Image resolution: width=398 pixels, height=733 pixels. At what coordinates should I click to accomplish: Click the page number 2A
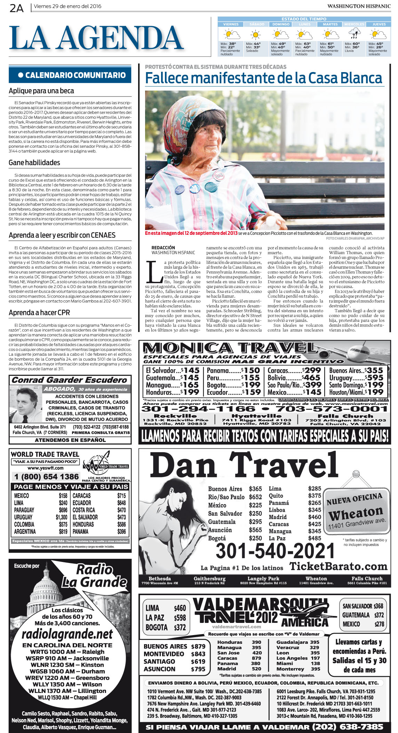click(x=16, y=8)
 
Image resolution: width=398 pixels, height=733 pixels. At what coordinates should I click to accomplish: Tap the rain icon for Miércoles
click(x=354, y=34)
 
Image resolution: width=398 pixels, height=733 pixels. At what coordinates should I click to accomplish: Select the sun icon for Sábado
click(x=256, y=34)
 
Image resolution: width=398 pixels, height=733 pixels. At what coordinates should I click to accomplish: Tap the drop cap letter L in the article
click(x=154, y=272)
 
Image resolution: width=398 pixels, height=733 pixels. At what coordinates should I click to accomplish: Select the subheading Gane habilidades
click(x=34, y=163)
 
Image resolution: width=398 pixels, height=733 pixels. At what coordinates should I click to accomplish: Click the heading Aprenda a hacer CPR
click(x=39, y=313)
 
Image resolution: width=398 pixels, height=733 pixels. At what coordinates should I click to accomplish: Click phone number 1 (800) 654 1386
click(x=46, y=477)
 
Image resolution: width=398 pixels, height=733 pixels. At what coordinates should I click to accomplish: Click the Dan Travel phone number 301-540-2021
click(x=275, y=551)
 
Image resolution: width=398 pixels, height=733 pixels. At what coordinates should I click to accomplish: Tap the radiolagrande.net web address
click(x=67, y=634)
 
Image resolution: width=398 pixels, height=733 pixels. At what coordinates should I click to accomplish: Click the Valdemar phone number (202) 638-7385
click(x=348, y=727)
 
